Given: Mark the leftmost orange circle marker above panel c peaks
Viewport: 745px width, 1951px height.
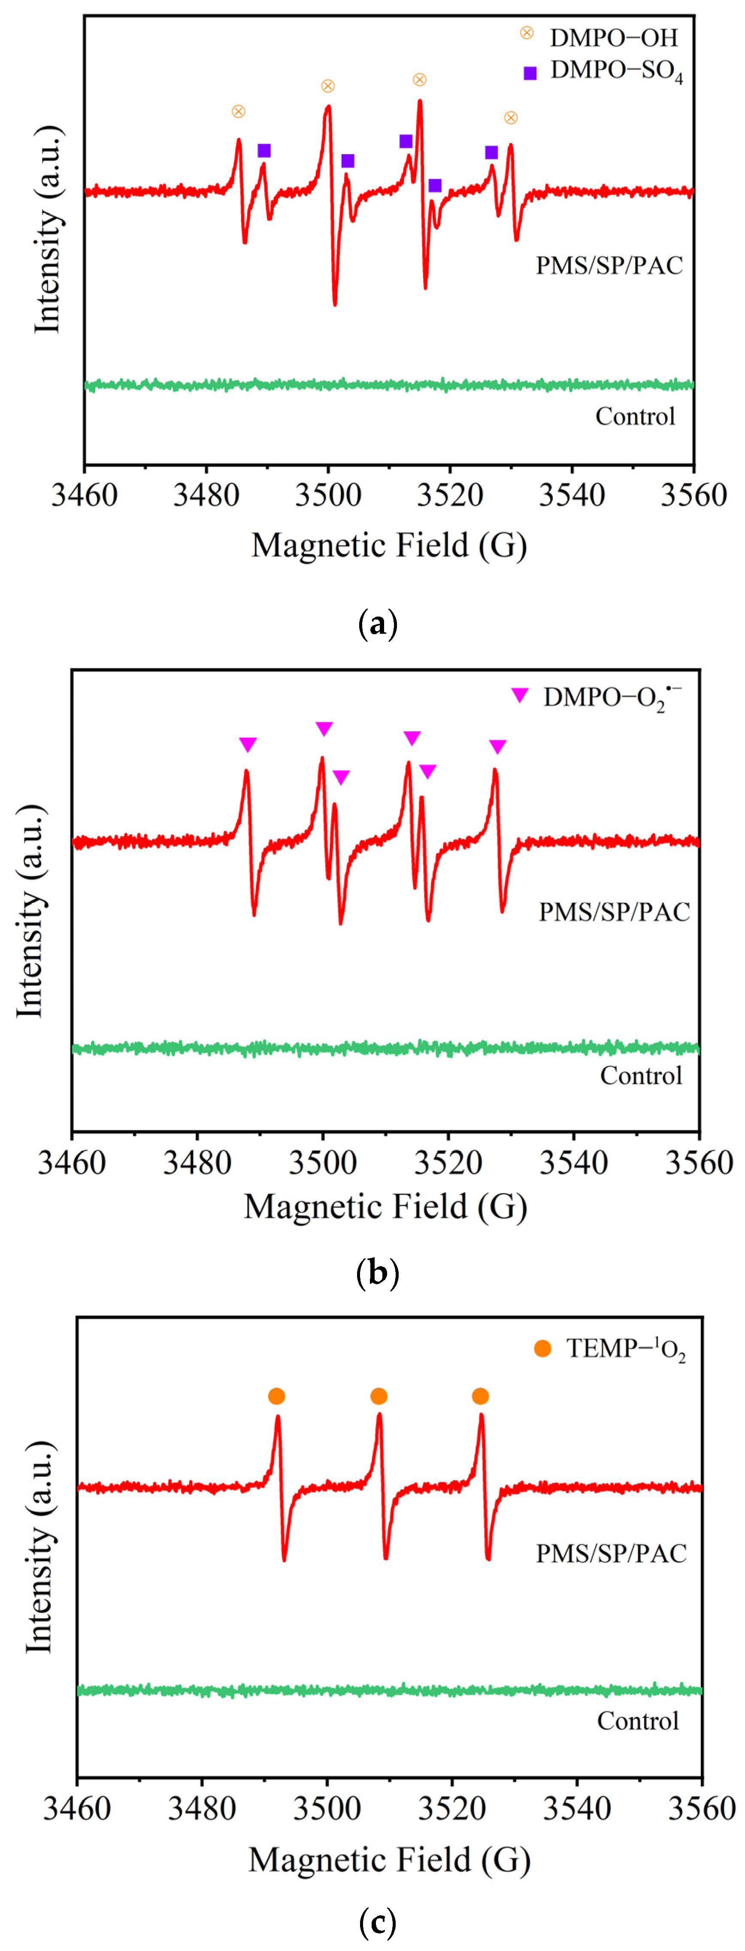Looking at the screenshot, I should (x=276, y=1396).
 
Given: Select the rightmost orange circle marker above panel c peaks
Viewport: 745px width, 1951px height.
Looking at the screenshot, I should (x=480, y=1396).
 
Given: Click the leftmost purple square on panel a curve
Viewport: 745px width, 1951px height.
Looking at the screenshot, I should (x=263, y=151).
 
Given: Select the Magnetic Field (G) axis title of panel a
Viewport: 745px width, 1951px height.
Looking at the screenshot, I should (x=388, y=545).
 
